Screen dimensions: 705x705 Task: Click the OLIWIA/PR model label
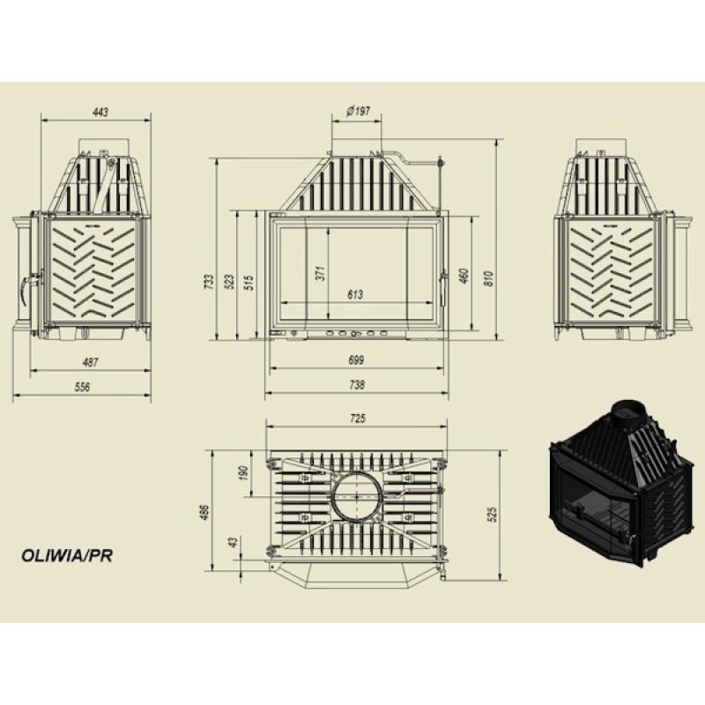pos(67,555)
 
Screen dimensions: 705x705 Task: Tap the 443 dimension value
pos(100,112)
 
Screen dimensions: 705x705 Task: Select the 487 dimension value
pos(91,362)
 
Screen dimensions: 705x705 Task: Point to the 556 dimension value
pos(81,387)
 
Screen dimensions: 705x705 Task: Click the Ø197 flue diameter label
pos(358,111)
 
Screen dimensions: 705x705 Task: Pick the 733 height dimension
pos(209,282)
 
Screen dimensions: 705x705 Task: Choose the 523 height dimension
pos(229,282)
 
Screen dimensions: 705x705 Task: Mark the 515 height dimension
pos(249,282)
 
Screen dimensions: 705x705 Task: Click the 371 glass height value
pos(320,273)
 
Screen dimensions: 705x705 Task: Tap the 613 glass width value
pos(355,294)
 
